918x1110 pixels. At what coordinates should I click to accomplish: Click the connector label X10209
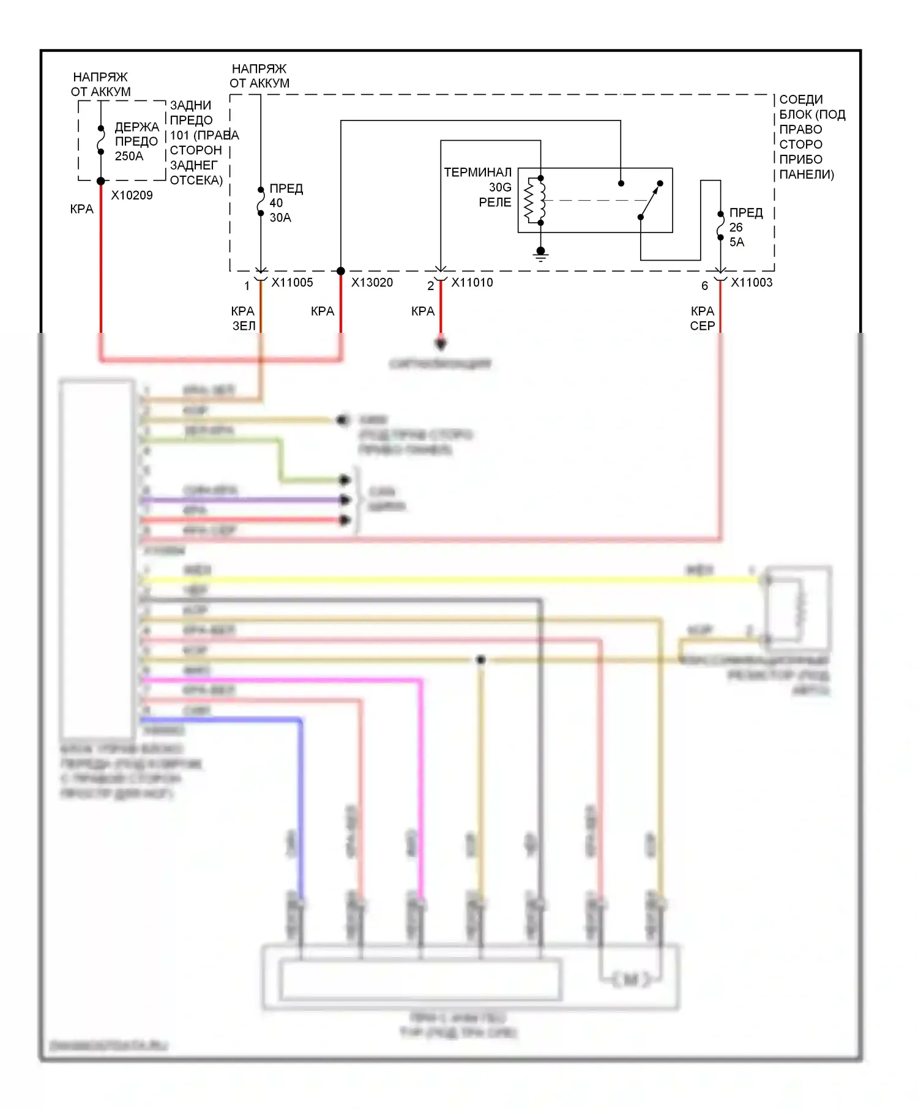(x=132, y=195)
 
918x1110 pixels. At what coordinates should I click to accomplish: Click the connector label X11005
(x=292, y=282)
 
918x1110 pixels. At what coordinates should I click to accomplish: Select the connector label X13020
(x=371, y=282)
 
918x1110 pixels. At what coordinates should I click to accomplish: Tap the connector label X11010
(x=472, y=282)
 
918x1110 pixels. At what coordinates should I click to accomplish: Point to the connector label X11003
(x=752, y=282)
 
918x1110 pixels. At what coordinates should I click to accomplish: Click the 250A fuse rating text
(x=129, y=156)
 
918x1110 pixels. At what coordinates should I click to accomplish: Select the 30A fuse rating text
(x=280, y=217)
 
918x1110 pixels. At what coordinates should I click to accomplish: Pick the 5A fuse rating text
(x=737, y=242)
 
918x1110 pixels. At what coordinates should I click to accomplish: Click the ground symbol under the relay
(x=540, y=253)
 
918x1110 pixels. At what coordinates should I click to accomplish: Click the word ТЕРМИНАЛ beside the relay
(x=477, y=172)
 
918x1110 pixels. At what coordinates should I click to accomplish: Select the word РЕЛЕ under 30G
(x=494, y=202)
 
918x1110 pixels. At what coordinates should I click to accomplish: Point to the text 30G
(x=499, y=187)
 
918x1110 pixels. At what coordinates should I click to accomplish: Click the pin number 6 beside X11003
(x=704, y=286)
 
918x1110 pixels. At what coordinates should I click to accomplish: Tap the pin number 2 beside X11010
(x=430, y=286)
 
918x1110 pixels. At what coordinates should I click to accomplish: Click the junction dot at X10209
(x=101, y=181)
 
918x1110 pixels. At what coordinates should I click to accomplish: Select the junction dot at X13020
(x=341, y=271)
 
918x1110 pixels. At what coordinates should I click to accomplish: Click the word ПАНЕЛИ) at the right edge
(x=806, y=174)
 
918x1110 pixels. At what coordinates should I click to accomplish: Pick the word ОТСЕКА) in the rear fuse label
(x=196, y=180)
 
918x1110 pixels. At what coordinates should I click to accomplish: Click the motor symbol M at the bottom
(x=631, y=980)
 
